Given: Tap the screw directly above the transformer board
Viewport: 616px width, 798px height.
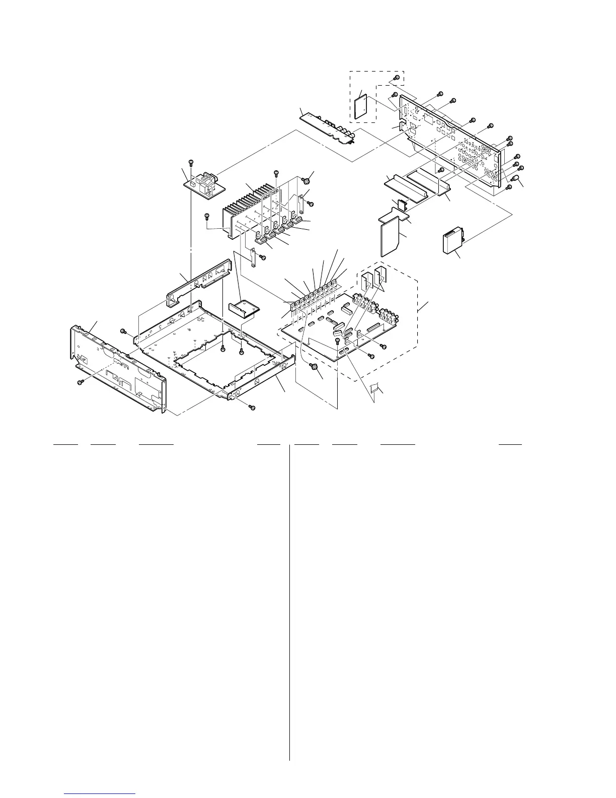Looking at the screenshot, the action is (191, 162).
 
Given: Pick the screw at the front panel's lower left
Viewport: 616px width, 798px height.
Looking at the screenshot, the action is (79, 383).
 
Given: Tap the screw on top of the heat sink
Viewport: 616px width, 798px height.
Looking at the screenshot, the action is (276, 173).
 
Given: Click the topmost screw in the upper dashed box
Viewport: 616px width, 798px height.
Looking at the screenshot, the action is (397, 78).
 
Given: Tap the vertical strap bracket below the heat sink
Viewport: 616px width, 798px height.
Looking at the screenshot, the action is (255, 258).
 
